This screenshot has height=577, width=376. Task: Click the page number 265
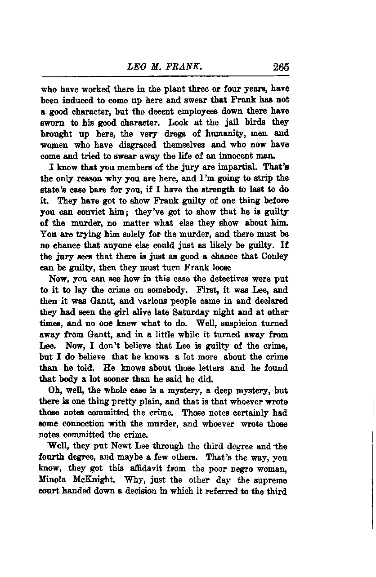click(x=280, y=67)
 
